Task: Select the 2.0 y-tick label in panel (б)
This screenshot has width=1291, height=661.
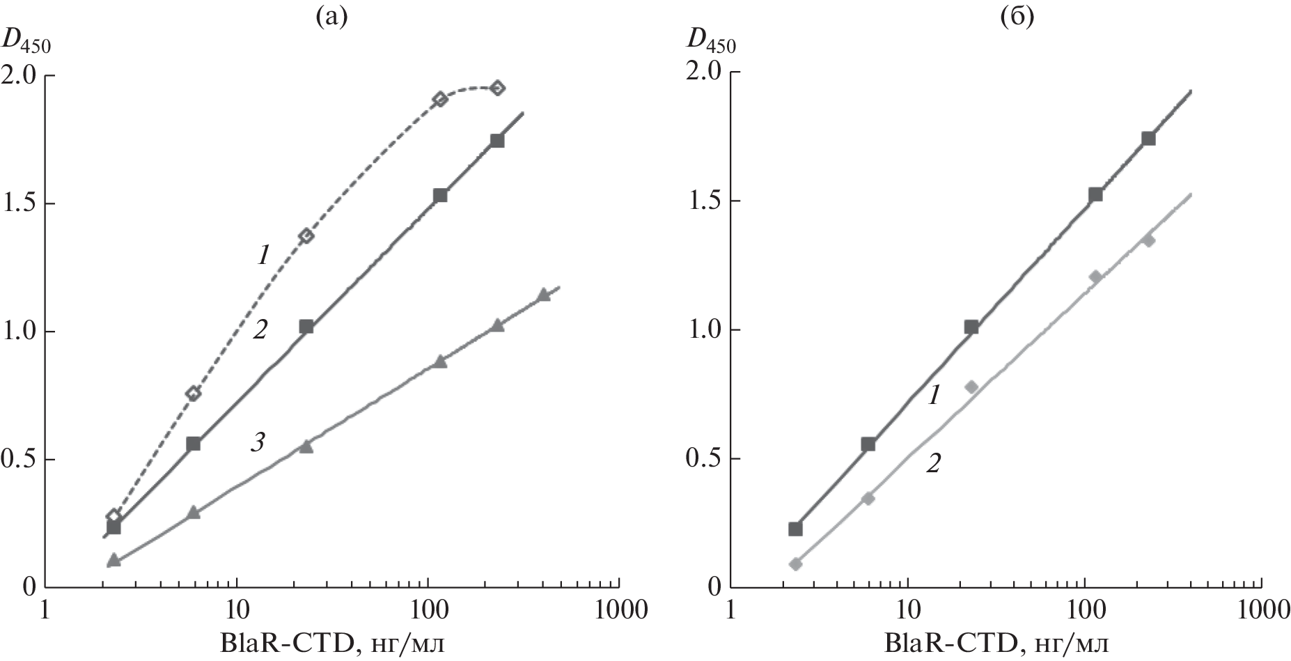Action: [x=704, y=72]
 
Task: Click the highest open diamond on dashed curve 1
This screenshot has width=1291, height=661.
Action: [x=497, y=88]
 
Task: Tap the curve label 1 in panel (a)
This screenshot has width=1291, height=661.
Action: [x=263, y=256]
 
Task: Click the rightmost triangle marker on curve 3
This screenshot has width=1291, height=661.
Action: [x=544, y=295]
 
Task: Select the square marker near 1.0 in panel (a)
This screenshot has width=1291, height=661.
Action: [x=306, y=327]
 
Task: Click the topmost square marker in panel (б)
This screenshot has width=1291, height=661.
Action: [x=1148, y=139]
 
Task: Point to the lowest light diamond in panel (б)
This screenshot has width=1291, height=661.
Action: [x=796, y=564]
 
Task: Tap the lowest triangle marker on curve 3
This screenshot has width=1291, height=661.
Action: [x=114, y=560]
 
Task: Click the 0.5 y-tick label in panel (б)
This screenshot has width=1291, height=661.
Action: [x=704, y=459]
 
